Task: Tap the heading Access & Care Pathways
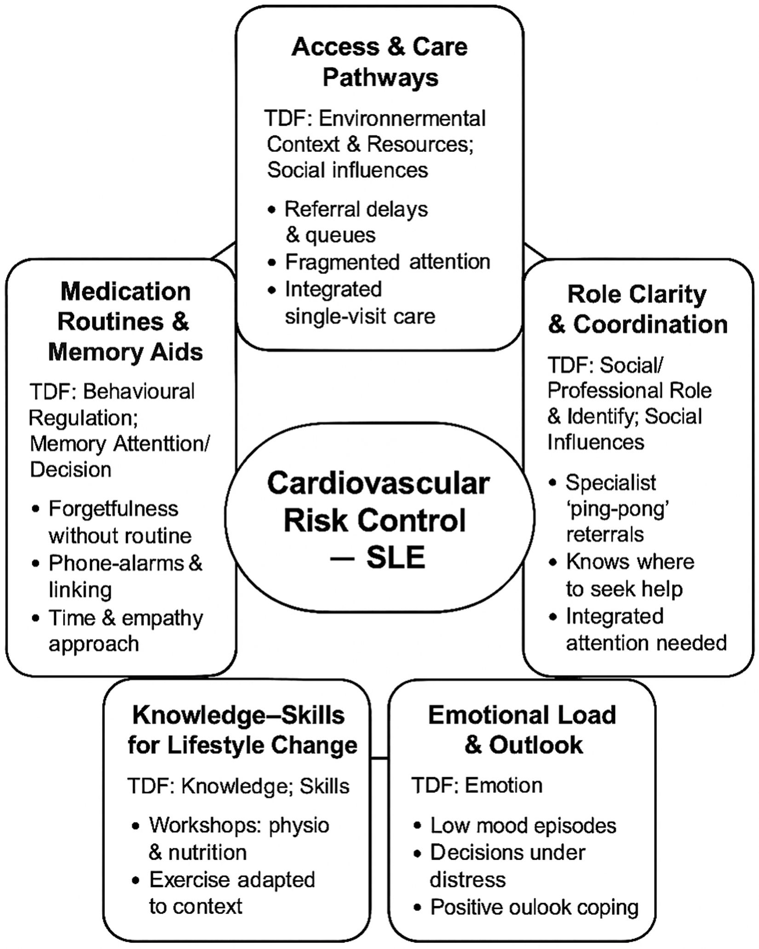click(379, 62)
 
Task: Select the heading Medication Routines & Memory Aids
click(125, 322)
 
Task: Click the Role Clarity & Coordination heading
click(638, 309)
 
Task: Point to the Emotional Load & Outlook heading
click(523, 730)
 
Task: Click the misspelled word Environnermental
click(402, 119)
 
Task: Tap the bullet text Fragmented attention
click(387, 262)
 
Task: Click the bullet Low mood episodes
click(523, 826)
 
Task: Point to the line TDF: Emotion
click(477, 786)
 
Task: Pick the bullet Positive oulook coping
click(534, 907)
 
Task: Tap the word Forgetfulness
click(113, 509)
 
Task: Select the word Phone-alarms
click(116, 563)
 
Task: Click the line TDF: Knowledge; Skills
click(238, 786)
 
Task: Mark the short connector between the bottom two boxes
click(379, 757)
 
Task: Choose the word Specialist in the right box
click(611, 483)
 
